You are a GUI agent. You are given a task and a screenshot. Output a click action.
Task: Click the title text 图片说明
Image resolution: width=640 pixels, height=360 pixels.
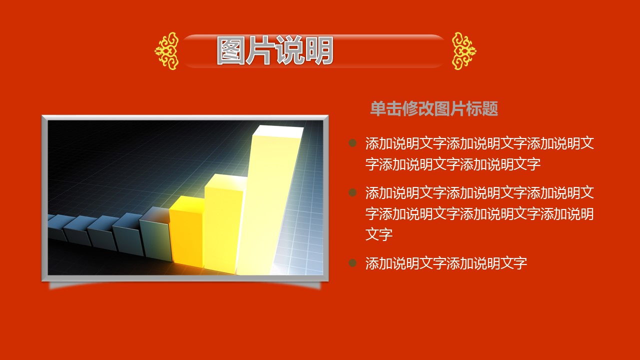click(x=275, y=50)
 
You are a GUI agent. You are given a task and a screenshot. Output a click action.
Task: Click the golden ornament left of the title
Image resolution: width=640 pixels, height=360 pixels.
click(x=167, y=51)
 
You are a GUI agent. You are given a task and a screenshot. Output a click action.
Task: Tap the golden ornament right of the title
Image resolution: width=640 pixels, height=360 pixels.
click(x=464, y=51)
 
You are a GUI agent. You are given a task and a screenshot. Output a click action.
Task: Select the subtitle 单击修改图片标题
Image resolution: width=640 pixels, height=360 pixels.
click(x=434, y=108)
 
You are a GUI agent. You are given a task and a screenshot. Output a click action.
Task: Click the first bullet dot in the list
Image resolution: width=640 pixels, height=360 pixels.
click(x=352, y=143)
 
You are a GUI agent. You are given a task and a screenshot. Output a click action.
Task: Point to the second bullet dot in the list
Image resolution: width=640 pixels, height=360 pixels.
click(x=352, y=192)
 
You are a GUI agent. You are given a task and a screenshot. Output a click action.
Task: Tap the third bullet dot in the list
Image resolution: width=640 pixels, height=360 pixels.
click(x=352, y=263)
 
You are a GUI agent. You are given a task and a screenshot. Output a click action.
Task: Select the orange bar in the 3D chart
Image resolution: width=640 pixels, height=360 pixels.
click(x=186, y=230)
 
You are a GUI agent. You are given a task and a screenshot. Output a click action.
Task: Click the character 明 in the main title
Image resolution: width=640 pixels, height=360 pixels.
click(x=319, y=50)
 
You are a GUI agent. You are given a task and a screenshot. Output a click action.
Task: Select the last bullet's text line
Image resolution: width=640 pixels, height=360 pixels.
click(x=446, y=263)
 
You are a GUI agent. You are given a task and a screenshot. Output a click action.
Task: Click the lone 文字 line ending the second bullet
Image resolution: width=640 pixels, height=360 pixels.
click(x=379, y=234)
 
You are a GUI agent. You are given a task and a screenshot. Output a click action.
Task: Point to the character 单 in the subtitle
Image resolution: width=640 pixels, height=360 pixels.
click(x=378, y=108)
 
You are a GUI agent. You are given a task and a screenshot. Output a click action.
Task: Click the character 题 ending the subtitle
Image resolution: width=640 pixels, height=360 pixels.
click(x=490, y=108)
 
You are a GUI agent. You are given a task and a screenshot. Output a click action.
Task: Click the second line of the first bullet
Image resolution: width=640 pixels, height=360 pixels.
click(x=453, y=164)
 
